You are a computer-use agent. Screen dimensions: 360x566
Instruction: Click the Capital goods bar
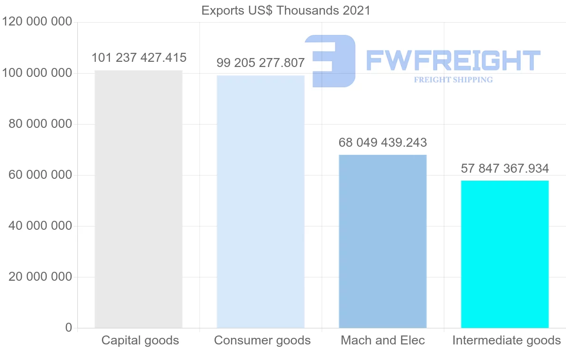[x=138, y=199]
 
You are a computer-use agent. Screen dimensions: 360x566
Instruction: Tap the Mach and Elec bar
[x=383, y=241]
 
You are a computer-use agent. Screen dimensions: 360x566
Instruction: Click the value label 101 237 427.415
[x=139, y=58]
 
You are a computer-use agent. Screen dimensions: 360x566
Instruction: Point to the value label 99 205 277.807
[x=261, y=63]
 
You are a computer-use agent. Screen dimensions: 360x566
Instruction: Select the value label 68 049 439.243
[x=383, y=142]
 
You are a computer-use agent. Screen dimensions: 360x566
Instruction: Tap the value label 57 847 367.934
[x=505, y=168]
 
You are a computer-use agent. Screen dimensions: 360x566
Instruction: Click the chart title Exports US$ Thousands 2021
[x=286, y=10]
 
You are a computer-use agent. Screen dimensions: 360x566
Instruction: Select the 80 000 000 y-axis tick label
[x=41, y=124]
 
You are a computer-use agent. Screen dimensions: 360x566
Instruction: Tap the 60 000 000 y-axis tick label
[x=41, y=175]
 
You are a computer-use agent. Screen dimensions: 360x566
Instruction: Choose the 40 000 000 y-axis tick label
[x=41, y=226]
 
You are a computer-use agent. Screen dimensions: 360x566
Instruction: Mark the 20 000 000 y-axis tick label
[x=41, y=277]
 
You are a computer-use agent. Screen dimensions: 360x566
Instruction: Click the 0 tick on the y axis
[x=69, y=327]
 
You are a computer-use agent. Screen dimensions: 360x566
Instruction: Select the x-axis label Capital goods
[x=140, y=340]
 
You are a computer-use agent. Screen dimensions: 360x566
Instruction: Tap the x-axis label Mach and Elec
[x=383, y=340]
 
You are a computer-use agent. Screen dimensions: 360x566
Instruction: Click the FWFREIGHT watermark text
[x=453, y=60]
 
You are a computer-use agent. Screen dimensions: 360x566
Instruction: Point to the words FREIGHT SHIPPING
[x=453, y=80]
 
